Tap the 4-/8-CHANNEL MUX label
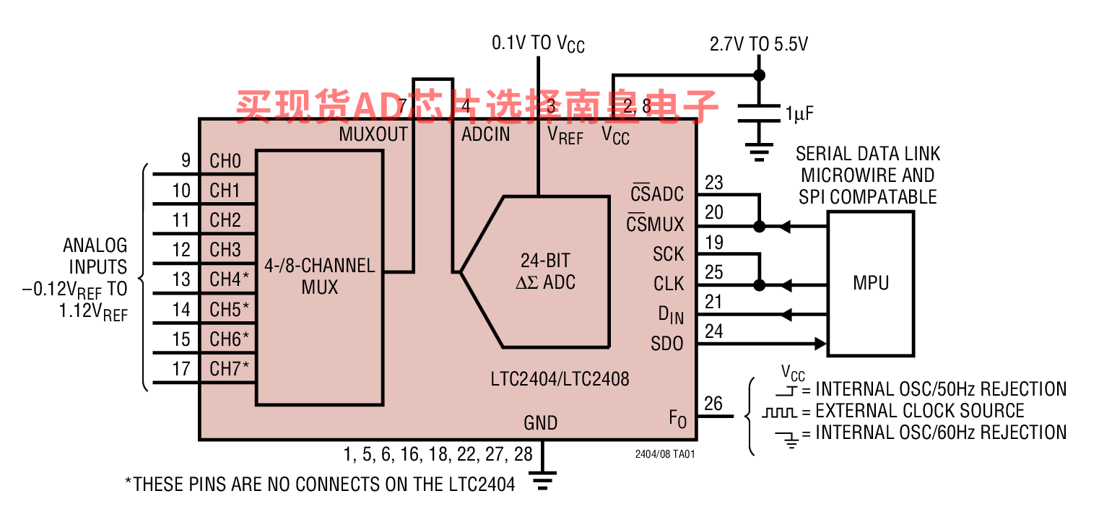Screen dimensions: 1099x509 point(320,276)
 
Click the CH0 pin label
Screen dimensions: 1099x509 point(225,161)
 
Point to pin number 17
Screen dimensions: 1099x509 point(181,369)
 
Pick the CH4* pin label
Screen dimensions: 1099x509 point(229,279)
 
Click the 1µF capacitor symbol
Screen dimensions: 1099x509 point(759,113)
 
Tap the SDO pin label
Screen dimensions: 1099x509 point(666,343)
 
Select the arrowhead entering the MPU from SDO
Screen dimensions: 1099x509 point(821,344)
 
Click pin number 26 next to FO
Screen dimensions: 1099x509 point(713,404)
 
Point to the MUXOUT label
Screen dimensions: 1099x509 point(373,134)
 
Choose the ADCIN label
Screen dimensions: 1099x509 point(486,134)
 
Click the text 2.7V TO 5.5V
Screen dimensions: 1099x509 point(758,44)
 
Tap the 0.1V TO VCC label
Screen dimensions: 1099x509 point(538,43)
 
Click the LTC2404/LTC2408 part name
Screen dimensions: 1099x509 point(560,378)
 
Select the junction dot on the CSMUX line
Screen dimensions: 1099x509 point(759,227)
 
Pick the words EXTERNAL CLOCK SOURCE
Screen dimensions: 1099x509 point(919,410)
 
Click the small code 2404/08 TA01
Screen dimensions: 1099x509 point(665,454)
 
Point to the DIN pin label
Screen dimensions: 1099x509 point(671,315)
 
